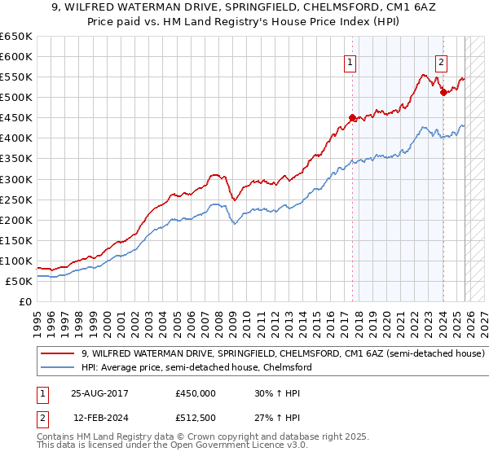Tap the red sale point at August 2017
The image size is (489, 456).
click(353, 117)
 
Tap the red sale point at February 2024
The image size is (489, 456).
click(443, 92)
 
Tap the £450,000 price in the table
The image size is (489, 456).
click(196, 392)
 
